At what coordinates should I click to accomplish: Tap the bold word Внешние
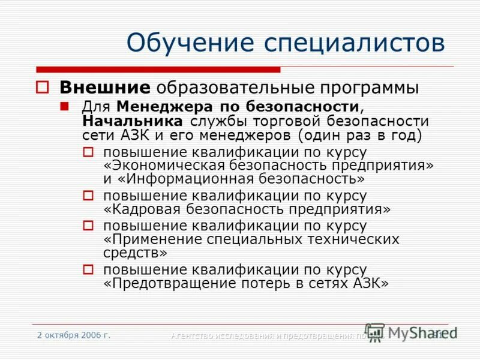pyautogui.click(x=104, y=88)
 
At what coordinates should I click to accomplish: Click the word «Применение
pyautogui.click(x=152, y=239)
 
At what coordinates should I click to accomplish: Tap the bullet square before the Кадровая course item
pyautogui.click(x=88, y=196)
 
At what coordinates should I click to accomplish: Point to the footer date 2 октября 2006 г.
pyautogui.click(x=74, y=335)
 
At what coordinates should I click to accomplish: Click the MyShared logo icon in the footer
pyautogui.click(x=374, y=332)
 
